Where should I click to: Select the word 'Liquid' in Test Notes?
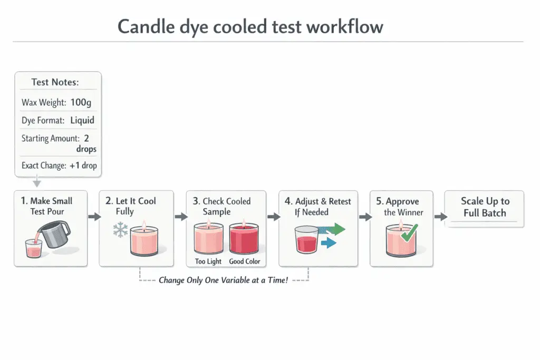click(x=82, y=120)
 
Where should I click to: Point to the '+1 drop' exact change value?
click(x=83, y=165)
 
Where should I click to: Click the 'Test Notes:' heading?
click(x=55, y=82)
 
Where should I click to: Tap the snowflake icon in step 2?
click(x=121, y=231)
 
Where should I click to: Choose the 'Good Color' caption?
click(x=245, y=261)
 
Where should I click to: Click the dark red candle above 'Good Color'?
click(x=244, y=238)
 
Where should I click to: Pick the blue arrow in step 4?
click(x=328, y=242)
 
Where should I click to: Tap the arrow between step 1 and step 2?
click(x=94, y=217)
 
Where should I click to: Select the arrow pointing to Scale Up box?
click(x=437, y=217)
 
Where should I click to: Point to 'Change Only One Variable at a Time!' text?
click(x=224, y=280)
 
